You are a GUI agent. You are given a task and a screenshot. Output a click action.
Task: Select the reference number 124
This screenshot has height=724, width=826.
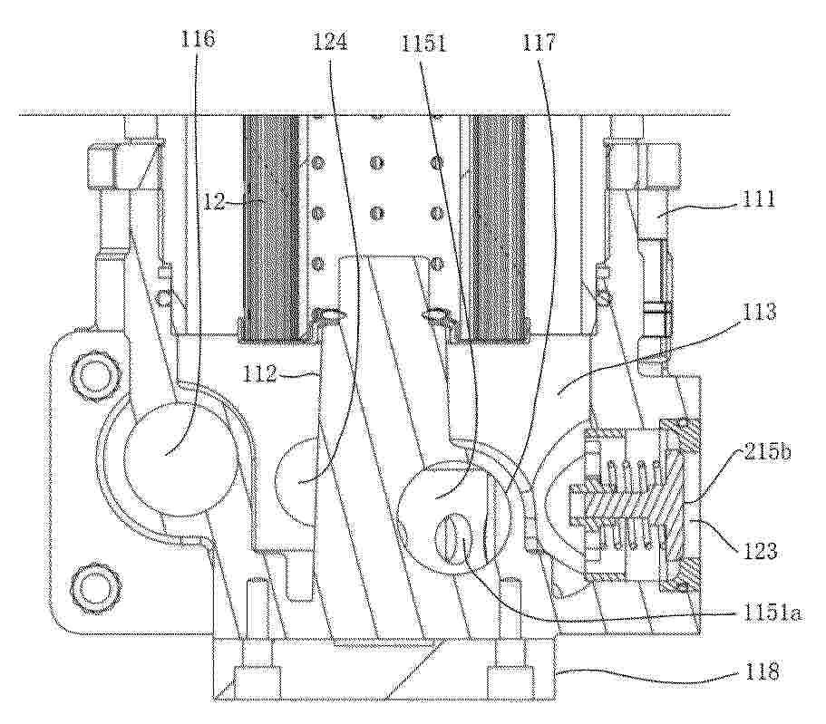330,41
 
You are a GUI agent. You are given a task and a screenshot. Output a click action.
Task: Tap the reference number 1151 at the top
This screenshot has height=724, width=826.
423,43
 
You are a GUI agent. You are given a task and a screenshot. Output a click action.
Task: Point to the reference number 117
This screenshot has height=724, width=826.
539,41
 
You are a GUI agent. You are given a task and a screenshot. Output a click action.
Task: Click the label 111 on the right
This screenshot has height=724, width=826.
759,199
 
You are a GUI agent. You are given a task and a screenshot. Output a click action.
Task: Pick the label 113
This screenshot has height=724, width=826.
759,313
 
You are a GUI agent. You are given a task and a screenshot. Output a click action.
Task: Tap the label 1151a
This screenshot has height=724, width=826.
772,613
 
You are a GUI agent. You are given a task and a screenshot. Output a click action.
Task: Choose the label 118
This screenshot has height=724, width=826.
761,671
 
